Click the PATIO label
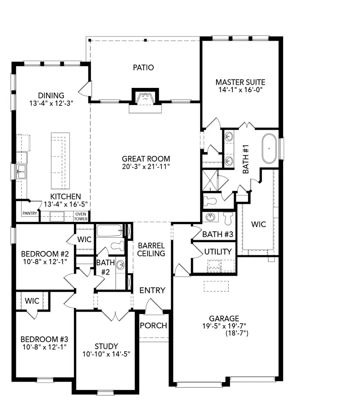(x=143, y=68)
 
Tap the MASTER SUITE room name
(x=240, y=82)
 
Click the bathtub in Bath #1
(x=270, y=149)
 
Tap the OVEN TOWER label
(x=81, y=216)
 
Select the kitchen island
(x=60, y=161)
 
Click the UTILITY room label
(x=218, y=252)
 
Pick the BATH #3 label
(x=218, y=235)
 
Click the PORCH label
(x=153, y=326)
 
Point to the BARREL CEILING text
(x=151, y=249)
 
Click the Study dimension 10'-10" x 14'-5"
(x=106, y=354)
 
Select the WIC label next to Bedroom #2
(x=84, y=240)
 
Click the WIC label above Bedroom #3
(x=32, y=301)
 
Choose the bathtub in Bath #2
(x=109, y=231)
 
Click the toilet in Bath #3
(x=228, y=219)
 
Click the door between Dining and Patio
(x=86, y=89)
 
